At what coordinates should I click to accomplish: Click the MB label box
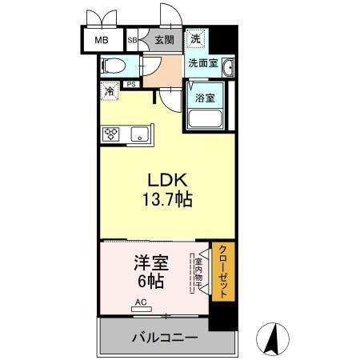tap(102, 39)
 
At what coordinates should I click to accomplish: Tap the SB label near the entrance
tap(133, 39)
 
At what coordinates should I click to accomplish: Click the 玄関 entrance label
tap(164, 39)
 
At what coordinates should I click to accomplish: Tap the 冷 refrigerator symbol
tap(108, 91)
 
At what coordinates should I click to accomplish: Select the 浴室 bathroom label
tap(205, 98)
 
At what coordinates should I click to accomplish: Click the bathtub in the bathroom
tap(206, 120)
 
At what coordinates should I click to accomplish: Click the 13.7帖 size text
tap(166, 201)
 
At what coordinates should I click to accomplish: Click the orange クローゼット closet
tap(222, 272)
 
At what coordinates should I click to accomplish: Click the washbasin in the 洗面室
tap(228, 66)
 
